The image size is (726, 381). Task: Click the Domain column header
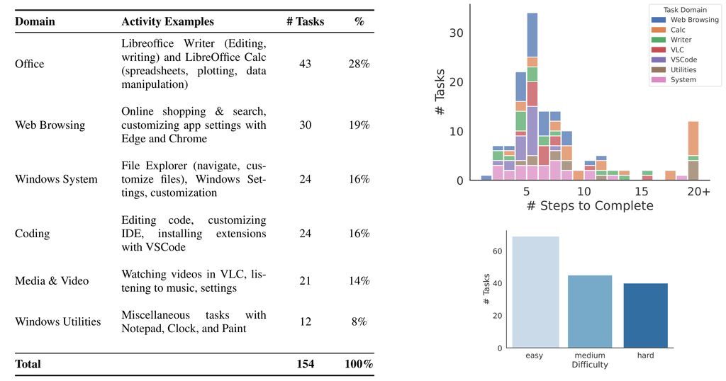[x=35, y=22]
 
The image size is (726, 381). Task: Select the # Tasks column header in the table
[x=305, y=22]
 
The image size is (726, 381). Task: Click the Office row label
[x=29, y=64]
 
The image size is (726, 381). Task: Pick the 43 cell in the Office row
[x=305, y=64]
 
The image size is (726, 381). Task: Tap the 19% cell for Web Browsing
[x=359, y=125]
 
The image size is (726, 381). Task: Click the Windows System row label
[x=56, y=179]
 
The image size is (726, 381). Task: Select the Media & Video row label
[x=52, y=281]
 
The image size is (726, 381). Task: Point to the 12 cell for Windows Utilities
[x=305, y=322]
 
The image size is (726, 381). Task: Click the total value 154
[x=305, y=364]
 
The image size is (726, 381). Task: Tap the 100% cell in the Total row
[x=359, y=364]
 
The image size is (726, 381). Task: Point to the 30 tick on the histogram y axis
[x=457, y=33]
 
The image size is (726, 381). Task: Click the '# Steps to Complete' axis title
[x=590, y=206]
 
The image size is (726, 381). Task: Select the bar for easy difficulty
[x=535, y=292]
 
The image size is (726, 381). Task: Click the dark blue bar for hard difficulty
[x=645, y=315]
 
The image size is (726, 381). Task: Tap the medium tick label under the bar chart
[x=590, y=355]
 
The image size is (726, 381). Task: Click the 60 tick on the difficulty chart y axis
[x=498, y=251]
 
